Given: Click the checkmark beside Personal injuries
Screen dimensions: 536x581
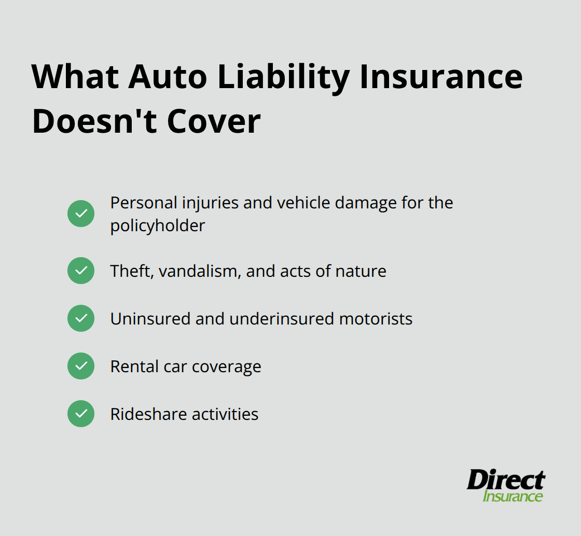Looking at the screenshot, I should [x=81, y=214].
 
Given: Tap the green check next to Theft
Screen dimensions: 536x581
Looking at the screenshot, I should [x=81, y=271].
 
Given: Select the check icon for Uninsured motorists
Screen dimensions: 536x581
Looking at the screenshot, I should [x=81, y=318].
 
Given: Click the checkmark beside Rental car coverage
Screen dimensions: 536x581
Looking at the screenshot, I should [x=81, y=366].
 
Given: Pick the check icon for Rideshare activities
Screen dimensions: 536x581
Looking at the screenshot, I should [x=81, y=414].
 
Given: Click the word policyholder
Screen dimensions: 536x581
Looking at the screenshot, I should [x=158, y=226].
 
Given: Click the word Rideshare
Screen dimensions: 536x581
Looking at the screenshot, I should [x=149, y=414].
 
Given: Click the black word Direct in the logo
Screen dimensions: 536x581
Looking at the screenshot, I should [x=506, y=480].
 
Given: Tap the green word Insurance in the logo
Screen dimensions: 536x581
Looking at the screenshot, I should [x=513, y=496].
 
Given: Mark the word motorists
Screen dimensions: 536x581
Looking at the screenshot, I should [x=376, y=319].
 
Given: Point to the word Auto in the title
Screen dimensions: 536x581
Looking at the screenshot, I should [x=165, y=77].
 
